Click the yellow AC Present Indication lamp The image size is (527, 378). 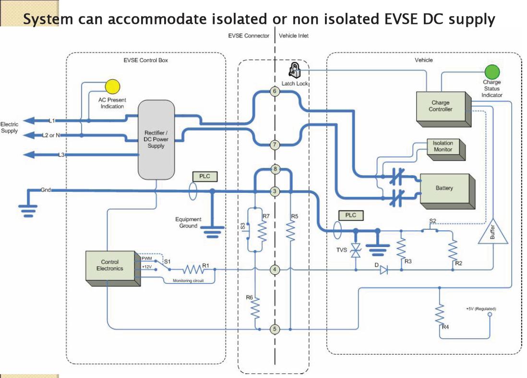coord(112,86)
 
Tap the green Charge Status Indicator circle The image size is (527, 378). coord(491,72)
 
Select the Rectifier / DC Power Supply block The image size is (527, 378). coord(156,139)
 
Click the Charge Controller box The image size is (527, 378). coord(440,106)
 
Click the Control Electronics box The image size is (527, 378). coord(110,265)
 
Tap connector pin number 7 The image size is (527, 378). coord(275,144)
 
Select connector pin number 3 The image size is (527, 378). coord(275,191)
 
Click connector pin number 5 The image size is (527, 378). coord(275,329)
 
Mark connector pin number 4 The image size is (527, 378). coord(275,270)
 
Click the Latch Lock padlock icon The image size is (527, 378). coord(294,70)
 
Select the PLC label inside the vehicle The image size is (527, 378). coord(351,215)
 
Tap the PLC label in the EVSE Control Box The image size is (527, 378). coord(204,177)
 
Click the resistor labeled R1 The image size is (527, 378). coord(195,270)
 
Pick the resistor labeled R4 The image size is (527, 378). coord(439,314)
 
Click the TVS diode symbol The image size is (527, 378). coord(356,250)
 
